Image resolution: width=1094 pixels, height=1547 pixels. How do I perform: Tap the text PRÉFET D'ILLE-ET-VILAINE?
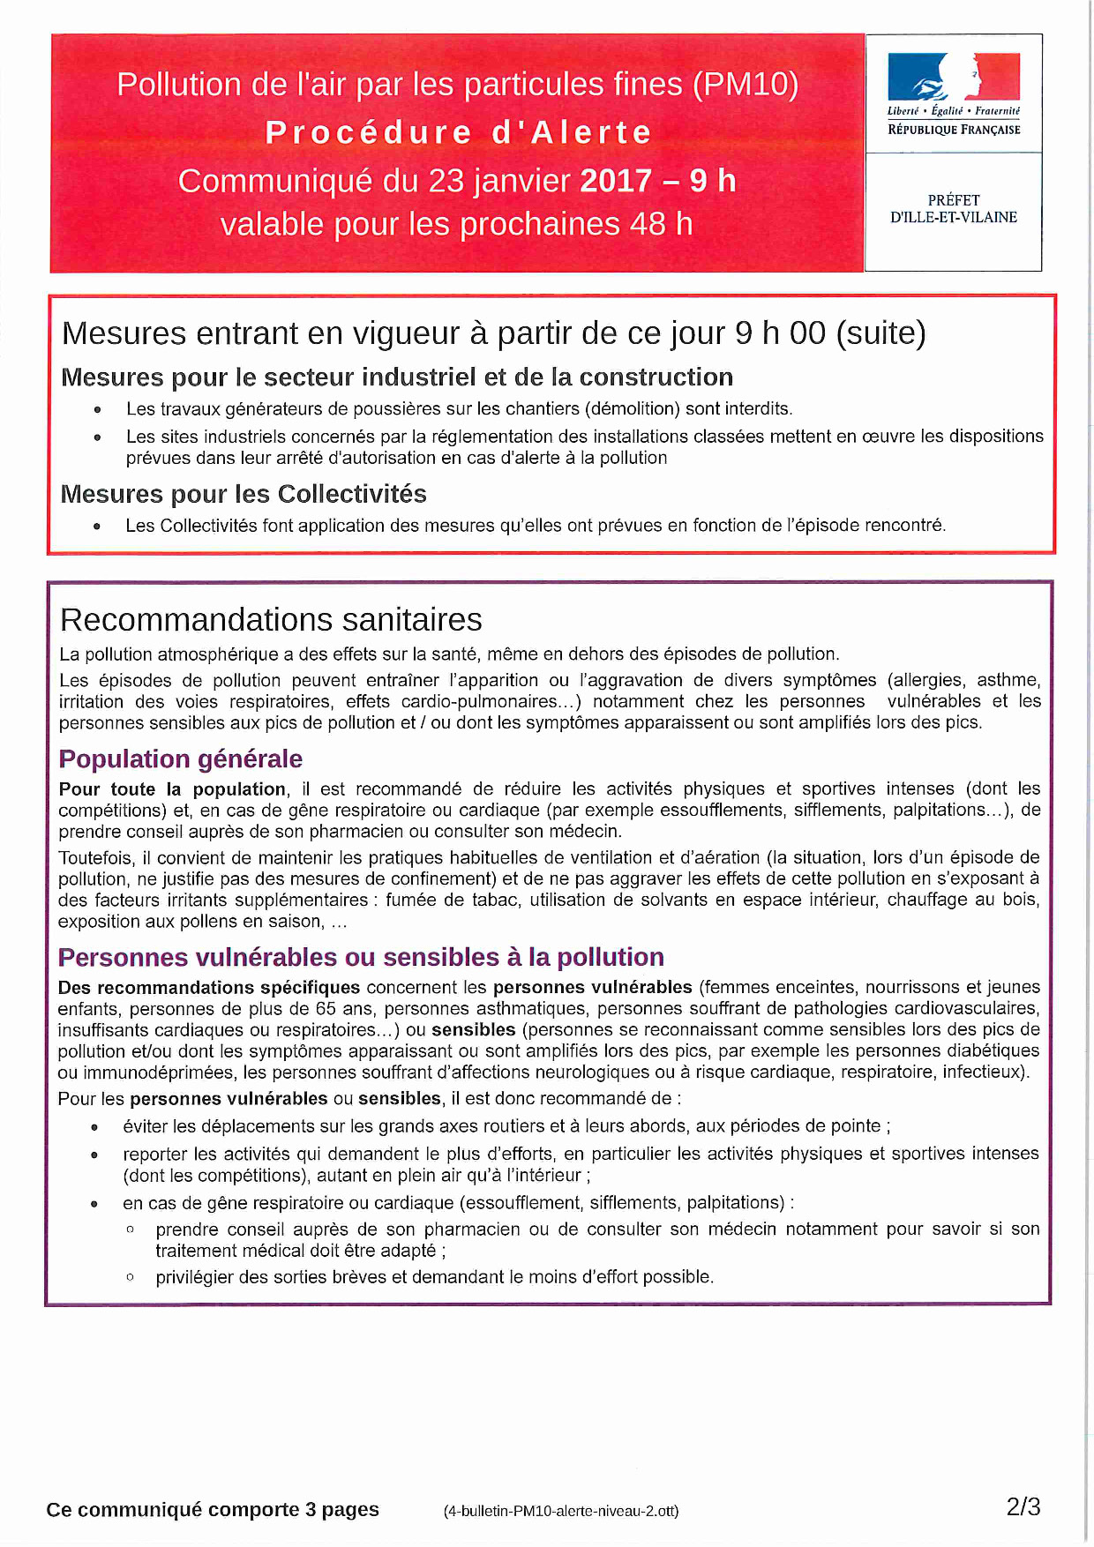[953, 209]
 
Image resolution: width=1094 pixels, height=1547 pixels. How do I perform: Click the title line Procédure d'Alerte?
[459, 132]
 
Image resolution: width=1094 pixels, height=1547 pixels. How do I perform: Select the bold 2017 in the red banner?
[616, 181]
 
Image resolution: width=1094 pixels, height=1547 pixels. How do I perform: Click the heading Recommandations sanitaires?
[271, 620]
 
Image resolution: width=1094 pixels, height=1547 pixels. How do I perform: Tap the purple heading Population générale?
[181, 759]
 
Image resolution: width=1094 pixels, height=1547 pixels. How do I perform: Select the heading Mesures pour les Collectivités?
[244, 494]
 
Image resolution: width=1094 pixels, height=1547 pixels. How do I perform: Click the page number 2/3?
[1023, 1507]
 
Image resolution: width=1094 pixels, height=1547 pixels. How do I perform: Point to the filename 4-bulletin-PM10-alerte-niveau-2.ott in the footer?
[561, 1511]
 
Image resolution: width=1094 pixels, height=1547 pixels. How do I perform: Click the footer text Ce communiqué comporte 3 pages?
[213, 1510]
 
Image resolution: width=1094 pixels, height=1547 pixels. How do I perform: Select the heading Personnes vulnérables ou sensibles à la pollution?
[361, 958]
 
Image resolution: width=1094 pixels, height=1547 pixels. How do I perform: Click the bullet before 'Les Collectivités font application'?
[97, 527]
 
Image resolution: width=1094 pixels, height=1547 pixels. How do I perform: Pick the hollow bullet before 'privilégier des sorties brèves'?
[131, 1276]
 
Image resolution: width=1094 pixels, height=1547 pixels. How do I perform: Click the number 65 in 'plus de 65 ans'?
[326, 1009]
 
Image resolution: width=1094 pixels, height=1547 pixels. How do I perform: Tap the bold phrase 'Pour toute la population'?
[172, 789]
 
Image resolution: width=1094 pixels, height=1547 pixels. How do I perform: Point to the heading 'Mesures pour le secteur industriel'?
[397, 377]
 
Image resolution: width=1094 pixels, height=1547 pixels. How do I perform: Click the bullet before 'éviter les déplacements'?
[94, 1127]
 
